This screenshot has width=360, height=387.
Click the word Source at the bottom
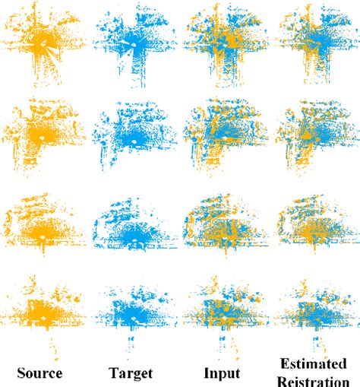pyautogui.click(x=39, y=373)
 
